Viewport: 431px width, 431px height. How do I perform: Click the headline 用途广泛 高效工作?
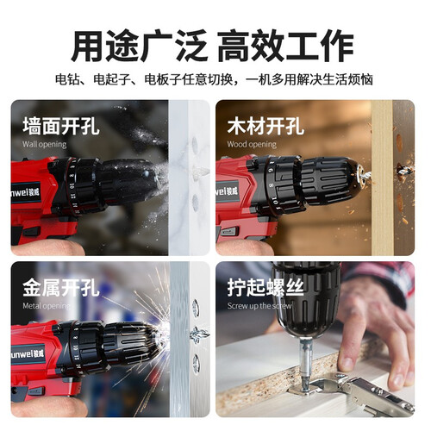[x=212, y=46]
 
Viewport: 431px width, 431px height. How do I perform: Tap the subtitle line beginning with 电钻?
[x=214, y=79]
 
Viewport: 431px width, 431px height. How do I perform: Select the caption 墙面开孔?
[x=61, y=126]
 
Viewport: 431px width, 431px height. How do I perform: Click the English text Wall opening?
[x=45, y=144]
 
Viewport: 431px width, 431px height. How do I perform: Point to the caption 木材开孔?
[x=265, y=126]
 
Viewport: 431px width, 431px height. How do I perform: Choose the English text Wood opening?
[x=252, y=144]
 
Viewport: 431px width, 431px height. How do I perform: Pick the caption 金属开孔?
[x=61, y=288]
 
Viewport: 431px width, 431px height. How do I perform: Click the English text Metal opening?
[x=46, y=306]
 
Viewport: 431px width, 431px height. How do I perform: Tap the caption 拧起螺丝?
[x=265, y=288]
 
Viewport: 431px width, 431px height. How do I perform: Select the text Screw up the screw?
[x=259, y=306]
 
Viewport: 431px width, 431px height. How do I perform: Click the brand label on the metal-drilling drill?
[x=28, y=353]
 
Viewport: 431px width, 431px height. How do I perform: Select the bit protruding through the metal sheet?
[x=200, y=334]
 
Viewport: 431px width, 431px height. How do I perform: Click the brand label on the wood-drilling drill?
[x=228, y=191]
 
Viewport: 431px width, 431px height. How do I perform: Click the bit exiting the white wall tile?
[x=200, y=172]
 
